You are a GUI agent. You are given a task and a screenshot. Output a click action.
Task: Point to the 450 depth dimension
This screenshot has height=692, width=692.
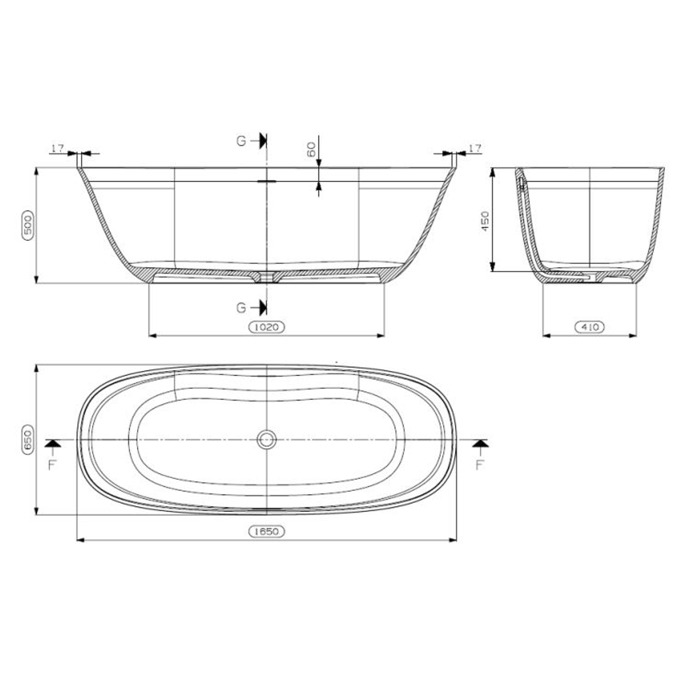[485, 221]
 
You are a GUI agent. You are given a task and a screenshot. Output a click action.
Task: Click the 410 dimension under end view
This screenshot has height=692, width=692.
[589, 327]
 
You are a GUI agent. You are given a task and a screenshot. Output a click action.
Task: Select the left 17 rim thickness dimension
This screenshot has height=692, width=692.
[58, 149]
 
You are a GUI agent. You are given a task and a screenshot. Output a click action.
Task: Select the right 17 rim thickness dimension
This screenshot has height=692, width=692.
[475, 149]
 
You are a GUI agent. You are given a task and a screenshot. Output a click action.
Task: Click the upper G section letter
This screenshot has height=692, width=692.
[242, 141]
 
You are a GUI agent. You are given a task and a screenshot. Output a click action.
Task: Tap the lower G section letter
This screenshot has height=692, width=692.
[242, 308]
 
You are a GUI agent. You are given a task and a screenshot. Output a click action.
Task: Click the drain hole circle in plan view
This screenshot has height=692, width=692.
[267, 440]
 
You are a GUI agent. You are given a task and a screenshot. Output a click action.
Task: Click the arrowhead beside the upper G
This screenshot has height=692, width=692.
[263, 141]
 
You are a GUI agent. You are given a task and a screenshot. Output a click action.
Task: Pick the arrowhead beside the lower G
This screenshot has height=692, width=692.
[263, 308]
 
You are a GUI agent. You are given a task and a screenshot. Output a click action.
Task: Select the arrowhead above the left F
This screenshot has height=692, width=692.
[53, 443]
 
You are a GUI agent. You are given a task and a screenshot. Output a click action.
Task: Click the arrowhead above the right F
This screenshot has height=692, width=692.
[480, 443]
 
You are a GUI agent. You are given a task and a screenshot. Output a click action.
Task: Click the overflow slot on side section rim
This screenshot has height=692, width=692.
[267, 181]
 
